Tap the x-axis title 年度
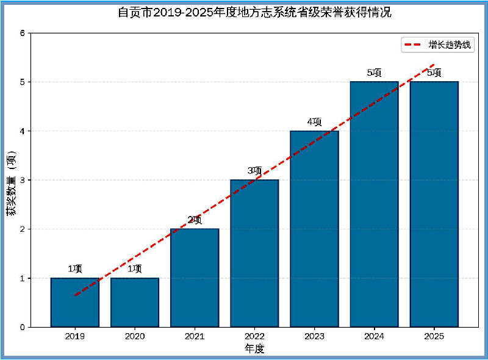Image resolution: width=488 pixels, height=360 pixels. pos(254,349)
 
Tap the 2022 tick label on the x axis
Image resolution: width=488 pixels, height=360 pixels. pos(254,336)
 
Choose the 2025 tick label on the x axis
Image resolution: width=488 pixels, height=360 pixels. pos(434,336)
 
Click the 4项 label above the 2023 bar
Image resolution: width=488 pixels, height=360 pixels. pos(314,122)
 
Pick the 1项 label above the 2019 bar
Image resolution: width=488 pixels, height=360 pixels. pos(74,269)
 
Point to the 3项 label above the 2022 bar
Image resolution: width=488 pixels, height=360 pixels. pos(254,171)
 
